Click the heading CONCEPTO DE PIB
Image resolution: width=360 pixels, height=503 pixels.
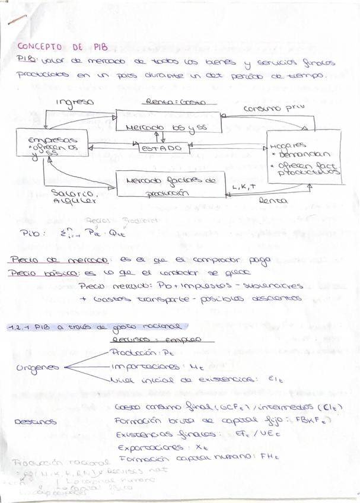[60, 47]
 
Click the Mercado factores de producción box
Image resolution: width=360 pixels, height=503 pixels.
[171, 184]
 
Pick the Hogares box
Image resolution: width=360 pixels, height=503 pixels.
[304, 157]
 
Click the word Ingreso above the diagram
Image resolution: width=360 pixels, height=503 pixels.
[75, 102]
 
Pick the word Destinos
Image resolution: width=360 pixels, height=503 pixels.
[35, 422]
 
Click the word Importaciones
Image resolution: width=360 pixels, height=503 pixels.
[141, 367]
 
